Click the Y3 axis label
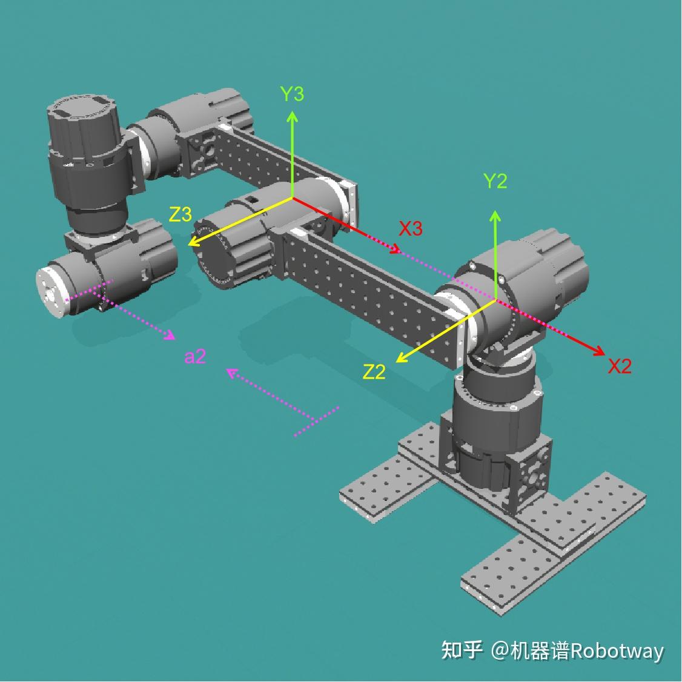click(293, 93)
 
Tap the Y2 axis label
click(495, 180)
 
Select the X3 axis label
click(411, 228)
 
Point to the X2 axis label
click(620, 366)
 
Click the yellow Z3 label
click(180, 214)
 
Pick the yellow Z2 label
click(374, 372)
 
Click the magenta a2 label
click(195, 357)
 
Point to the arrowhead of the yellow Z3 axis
click(193, 242)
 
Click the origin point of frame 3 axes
click(293, 198)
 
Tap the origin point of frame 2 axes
click(495, 300)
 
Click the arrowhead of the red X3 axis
click(395, 249)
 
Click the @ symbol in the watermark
click(500, 651)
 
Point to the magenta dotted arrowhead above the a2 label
click(170, 335)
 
